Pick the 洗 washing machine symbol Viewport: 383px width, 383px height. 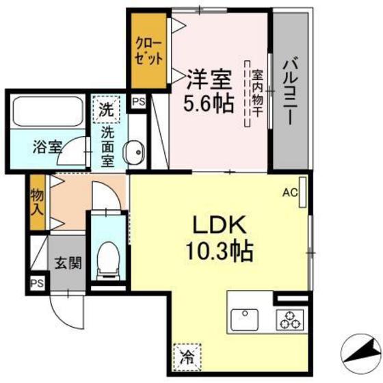(106, 108)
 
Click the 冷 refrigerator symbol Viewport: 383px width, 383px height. (186, 355)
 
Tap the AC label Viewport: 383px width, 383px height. (289, 193)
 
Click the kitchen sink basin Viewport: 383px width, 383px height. (245, 320)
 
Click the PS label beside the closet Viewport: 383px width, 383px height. (139, 102)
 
